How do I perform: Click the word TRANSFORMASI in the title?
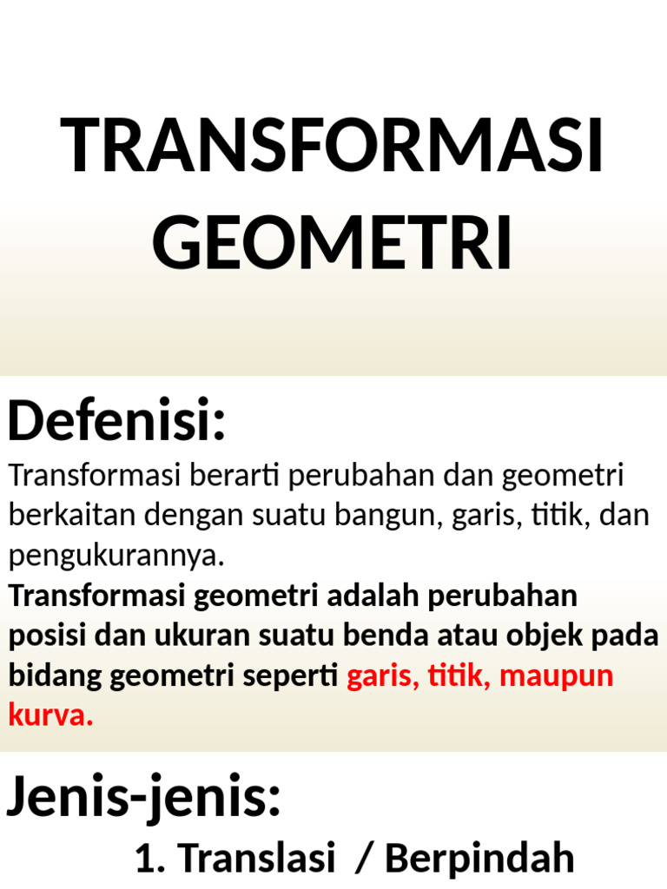333,146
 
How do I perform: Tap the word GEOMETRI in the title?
333,244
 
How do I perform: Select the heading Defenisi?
116,420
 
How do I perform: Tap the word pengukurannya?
116,555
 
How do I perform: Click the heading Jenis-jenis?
144,796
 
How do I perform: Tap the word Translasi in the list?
258,859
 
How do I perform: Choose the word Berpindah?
479,859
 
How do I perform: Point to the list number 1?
148,859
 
